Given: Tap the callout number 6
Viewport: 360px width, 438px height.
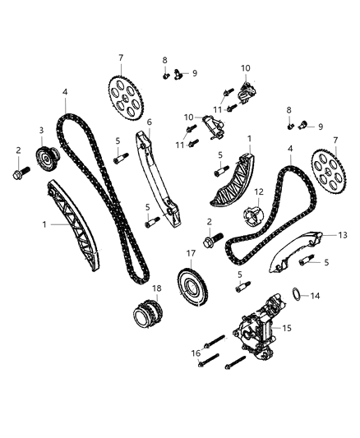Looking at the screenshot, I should (150, 122).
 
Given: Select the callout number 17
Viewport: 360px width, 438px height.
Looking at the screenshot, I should (190, 255).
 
